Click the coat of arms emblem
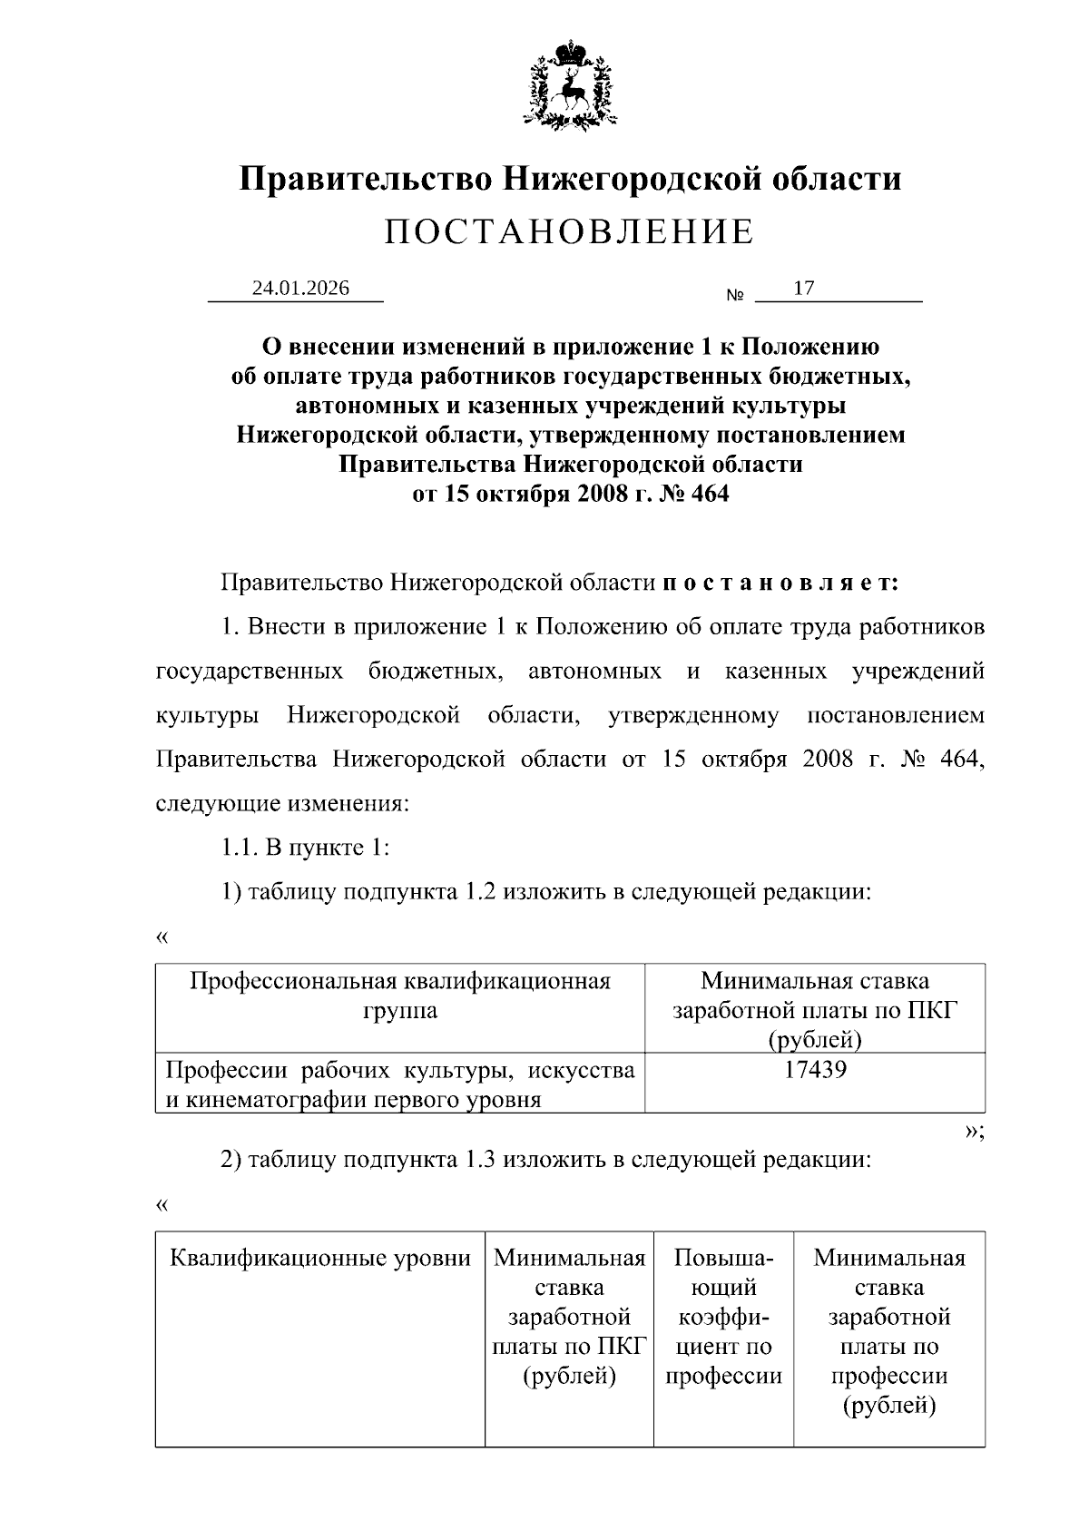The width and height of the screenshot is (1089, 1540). [569, 83]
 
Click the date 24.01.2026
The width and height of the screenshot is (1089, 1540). [300, 289]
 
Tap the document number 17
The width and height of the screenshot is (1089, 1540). [803, 289]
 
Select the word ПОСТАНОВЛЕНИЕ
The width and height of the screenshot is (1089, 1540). [569, 232]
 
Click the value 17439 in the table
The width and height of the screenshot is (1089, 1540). [815, 1070]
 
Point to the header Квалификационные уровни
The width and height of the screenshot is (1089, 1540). [320, 1258]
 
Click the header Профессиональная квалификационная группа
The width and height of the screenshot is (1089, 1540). [400, 996]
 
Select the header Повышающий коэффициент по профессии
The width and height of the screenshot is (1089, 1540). [723, 1317]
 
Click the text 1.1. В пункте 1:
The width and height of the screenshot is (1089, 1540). [306, 848]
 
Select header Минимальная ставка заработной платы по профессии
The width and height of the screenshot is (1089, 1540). [889, 1331]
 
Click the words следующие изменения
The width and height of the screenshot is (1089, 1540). [282, 804]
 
